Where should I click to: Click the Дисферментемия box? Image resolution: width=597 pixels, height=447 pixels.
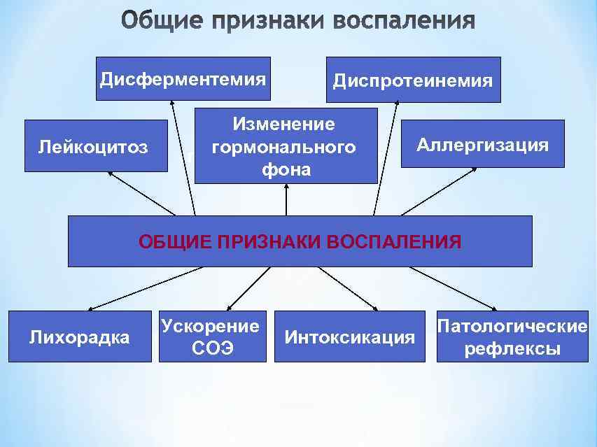click(x=183, y=78)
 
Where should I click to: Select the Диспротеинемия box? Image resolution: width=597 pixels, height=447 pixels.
click(x=413, y=80)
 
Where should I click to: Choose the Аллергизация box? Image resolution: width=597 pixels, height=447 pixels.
click(x=482, y=144)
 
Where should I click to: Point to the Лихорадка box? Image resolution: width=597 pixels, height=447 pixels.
click(x=80, y=336)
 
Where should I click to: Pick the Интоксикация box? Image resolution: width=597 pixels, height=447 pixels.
click(x=349, y=336)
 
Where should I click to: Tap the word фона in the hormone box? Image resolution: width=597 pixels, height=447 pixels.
click(x=286, y=170)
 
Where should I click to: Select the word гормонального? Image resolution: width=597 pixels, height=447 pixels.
click(x=283, y=148)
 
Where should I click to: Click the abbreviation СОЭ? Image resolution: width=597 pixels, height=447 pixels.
click(x=213, y=348)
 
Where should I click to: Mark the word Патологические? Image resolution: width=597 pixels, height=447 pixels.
click(x=512, y=326)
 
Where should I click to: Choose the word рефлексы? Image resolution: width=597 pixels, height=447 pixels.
click(x=512, y=348)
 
